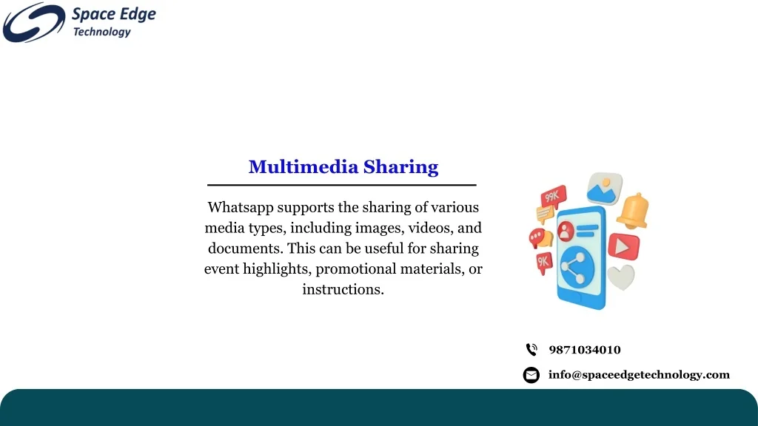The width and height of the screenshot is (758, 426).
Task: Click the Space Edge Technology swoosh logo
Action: [33, 22]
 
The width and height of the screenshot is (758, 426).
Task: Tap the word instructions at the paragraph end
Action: [343, 289]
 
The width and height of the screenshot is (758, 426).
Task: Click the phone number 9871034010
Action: [584, 350]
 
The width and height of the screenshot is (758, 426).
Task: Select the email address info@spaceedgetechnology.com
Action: [638, 375]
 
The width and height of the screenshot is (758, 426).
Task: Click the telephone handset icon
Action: [531, 350]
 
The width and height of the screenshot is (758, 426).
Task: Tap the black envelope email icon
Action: [531, 375]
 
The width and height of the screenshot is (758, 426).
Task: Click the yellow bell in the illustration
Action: [634, 211]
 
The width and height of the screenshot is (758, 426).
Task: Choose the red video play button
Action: [623, 246]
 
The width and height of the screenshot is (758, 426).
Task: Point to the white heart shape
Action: [621, 277]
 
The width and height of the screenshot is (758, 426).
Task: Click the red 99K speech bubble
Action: [553, 197]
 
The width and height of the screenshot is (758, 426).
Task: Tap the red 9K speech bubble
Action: [544, 262]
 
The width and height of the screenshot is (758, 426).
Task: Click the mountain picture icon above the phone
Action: [604, 188]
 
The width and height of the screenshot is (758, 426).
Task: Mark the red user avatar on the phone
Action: [566, 231]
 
